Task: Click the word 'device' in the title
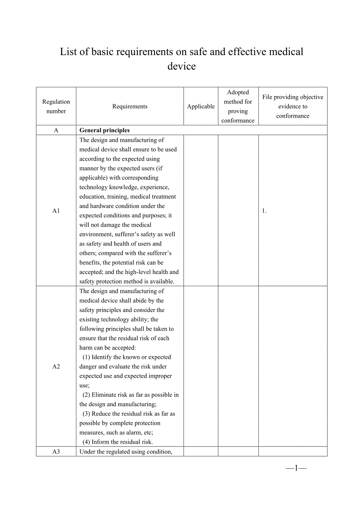point(182,66)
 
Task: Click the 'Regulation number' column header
point(56,106)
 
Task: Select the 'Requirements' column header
point(130,106)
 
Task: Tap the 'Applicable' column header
point(201,106)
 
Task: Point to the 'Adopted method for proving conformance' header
point(238,106)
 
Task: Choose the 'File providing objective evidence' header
point(293,106)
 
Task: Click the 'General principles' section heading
point(104,130)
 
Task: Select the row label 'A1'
point(56,211)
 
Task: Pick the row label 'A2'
point(56,366)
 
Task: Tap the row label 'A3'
point(56,452)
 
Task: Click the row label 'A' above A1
point(56,130)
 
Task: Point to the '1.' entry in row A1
point(264,211)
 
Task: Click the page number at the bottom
point(296,468)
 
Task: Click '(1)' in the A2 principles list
point(86,357)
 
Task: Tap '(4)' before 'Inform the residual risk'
point(86,442)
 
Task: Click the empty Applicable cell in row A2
point(201,366)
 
